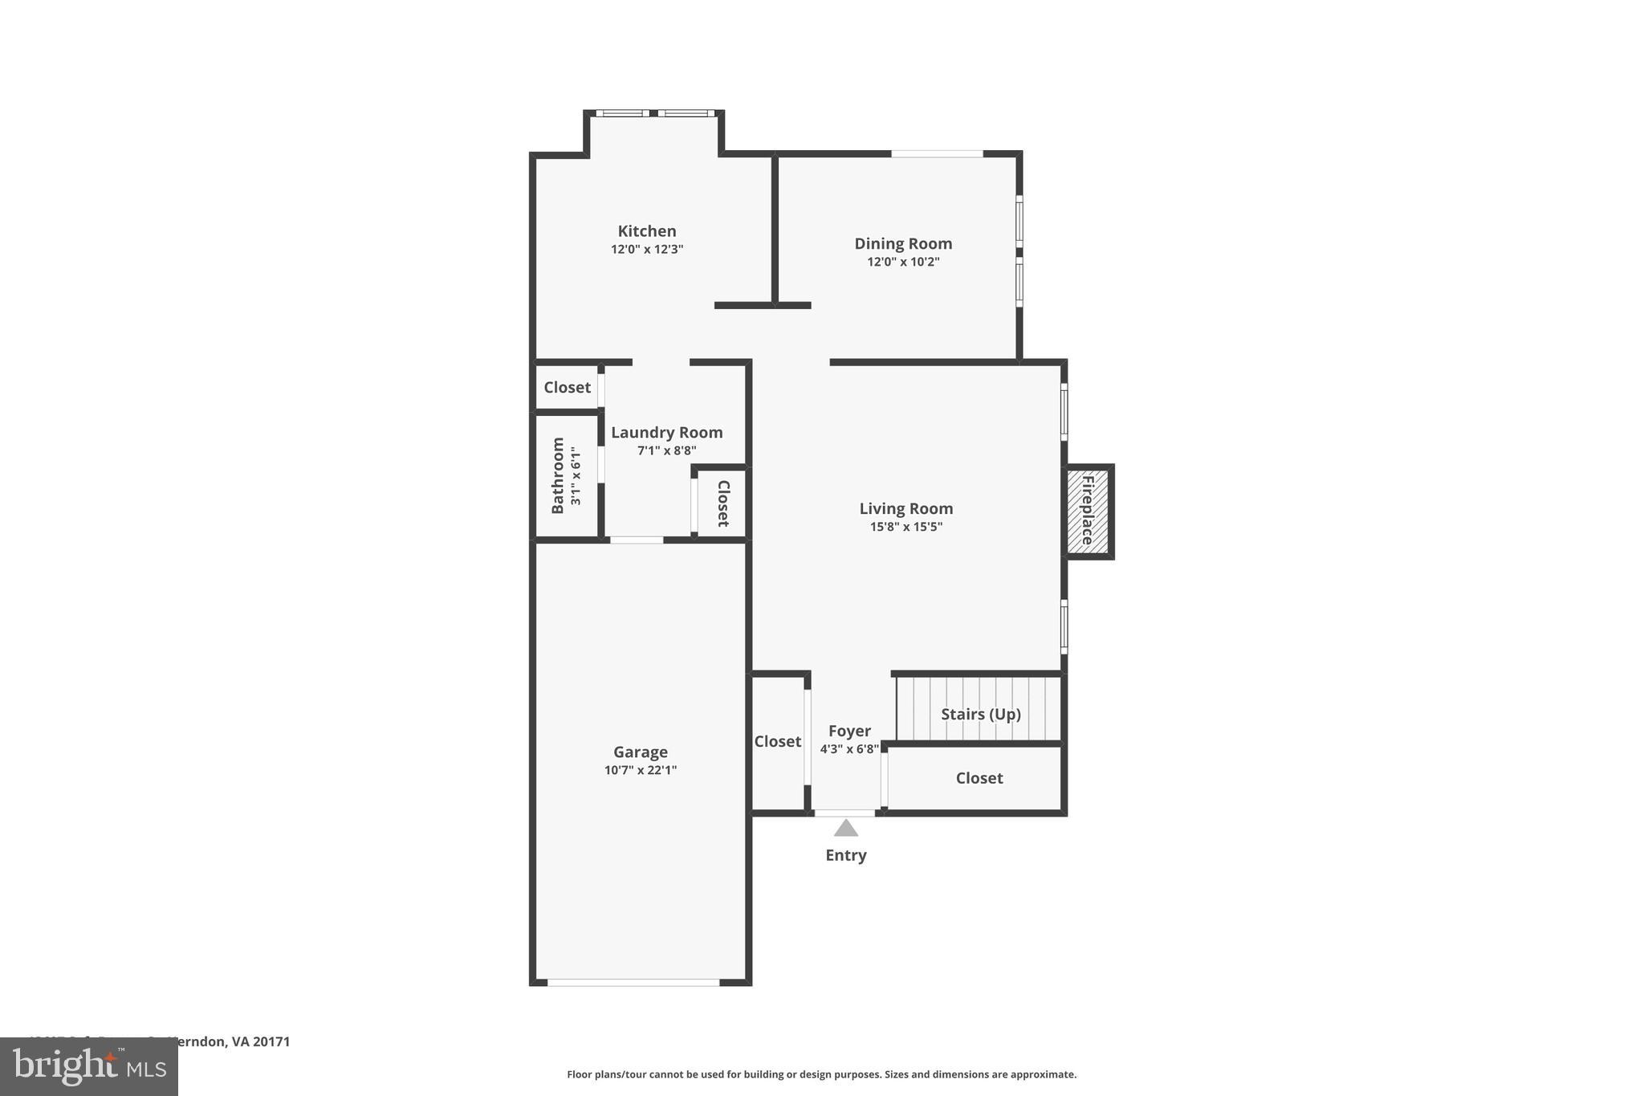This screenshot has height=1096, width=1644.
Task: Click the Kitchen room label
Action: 646,231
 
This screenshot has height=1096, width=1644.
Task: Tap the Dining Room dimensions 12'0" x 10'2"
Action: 903,262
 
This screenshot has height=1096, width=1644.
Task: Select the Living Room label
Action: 905,508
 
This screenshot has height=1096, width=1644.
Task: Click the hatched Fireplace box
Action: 1088,511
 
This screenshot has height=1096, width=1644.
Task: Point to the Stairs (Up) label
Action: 980,714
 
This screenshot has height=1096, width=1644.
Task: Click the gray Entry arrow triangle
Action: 845,829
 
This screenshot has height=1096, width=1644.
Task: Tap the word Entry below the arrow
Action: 845,855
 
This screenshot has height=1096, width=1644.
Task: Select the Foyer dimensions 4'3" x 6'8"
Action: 849,749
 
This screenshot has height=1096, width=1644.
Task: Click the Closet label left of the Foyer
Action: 777,741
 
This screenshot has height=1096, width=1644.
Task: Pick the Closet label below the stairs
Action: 979,778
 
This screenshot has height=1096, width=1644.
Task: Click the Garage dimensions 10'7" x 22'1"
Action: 640,770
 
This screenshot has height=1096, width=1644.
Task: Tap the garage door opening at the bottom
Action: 633,982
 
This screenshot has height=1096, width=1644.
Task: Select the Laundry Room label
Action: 666,433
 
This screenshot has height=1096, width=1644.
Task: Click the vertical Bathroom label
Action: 558,475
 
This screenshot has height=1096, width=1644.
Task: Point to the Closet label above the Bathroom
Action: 567,387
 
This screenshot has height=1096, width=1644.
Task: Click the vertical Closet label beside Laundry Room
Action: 722,503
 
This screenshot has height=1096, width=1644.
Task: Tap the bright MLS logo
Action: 89,1066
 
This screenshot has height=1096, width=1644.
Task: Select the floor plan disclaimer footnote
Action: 821,1074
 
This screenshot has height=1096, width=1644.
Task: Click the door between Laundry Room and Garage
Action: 637,540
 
